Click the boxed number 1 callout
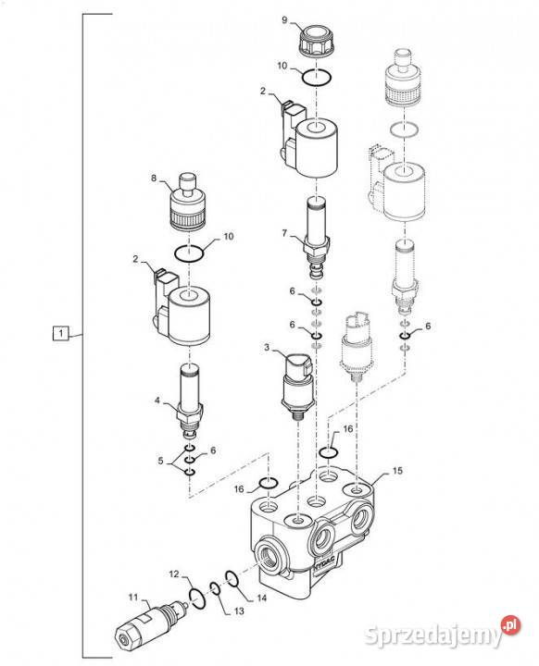(60, 333)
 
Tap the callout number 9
(285, 19)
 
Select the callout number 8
(154, 179)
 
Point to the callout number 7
(284, 233)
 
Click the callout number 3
(267, 348)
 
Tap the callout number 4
(157, 401)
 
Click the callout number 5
(160, 461)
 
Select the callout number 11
(133, 598)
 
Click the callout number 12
(174, 574)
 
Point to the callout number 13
(239, 610)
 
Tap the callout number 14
(262, 598)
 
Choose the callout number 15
(397, 471)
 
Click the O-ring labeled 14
(232, 578)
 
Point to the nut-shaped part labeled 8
(187, 202)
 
